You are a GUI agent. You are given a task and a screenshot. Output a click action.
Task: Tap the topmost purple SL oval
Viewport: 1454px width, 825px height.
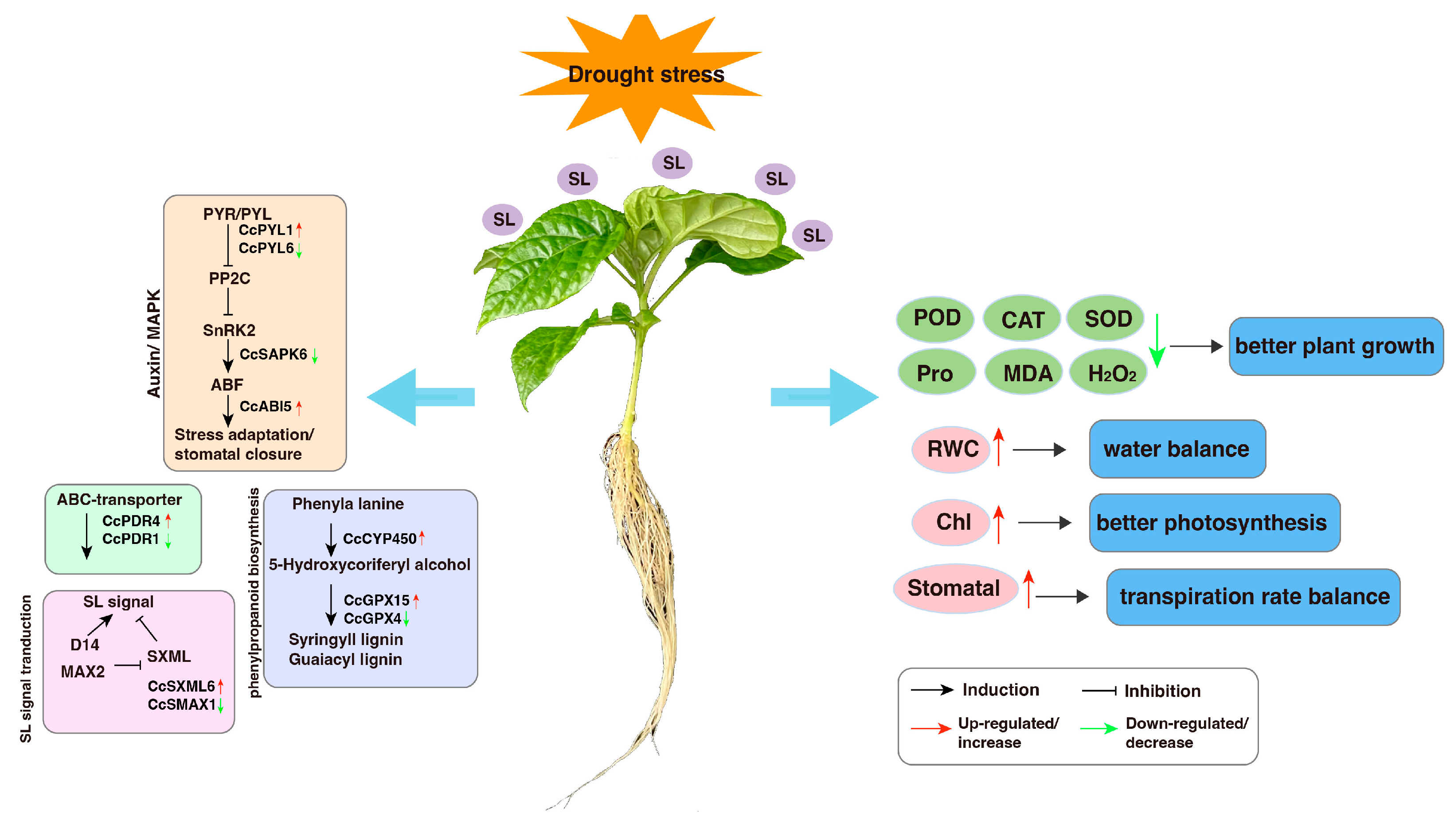(x=672, y=163)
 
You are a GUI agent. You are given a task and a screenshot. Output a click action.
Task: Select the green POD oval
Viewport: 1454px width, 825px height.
(x=935, y=318)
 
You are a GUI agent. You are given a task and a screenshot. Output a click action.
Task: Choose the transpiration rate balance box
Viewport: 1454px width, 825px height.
(x=1254, y=597)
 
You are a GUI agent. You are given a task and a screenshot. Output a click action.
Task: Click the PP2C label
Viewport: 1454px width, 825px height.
(x=229, y=278)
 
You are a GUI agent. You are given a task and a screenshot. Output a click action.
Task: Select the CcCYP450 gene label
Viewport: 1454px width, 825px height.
(x=379, y=538)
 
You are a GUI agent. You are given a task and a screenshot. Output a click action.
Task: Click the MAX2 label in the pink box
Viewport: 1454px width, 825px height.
(x=83, y=672)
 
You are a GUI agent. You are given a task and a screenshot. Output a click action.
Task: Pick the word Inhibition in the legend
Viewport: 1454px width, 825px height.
(x=1162, y=691)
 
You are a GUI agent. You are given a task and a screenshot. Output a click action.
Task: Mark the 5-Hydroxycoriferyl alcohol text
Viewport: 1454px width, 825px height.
(x=369, y=565)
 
